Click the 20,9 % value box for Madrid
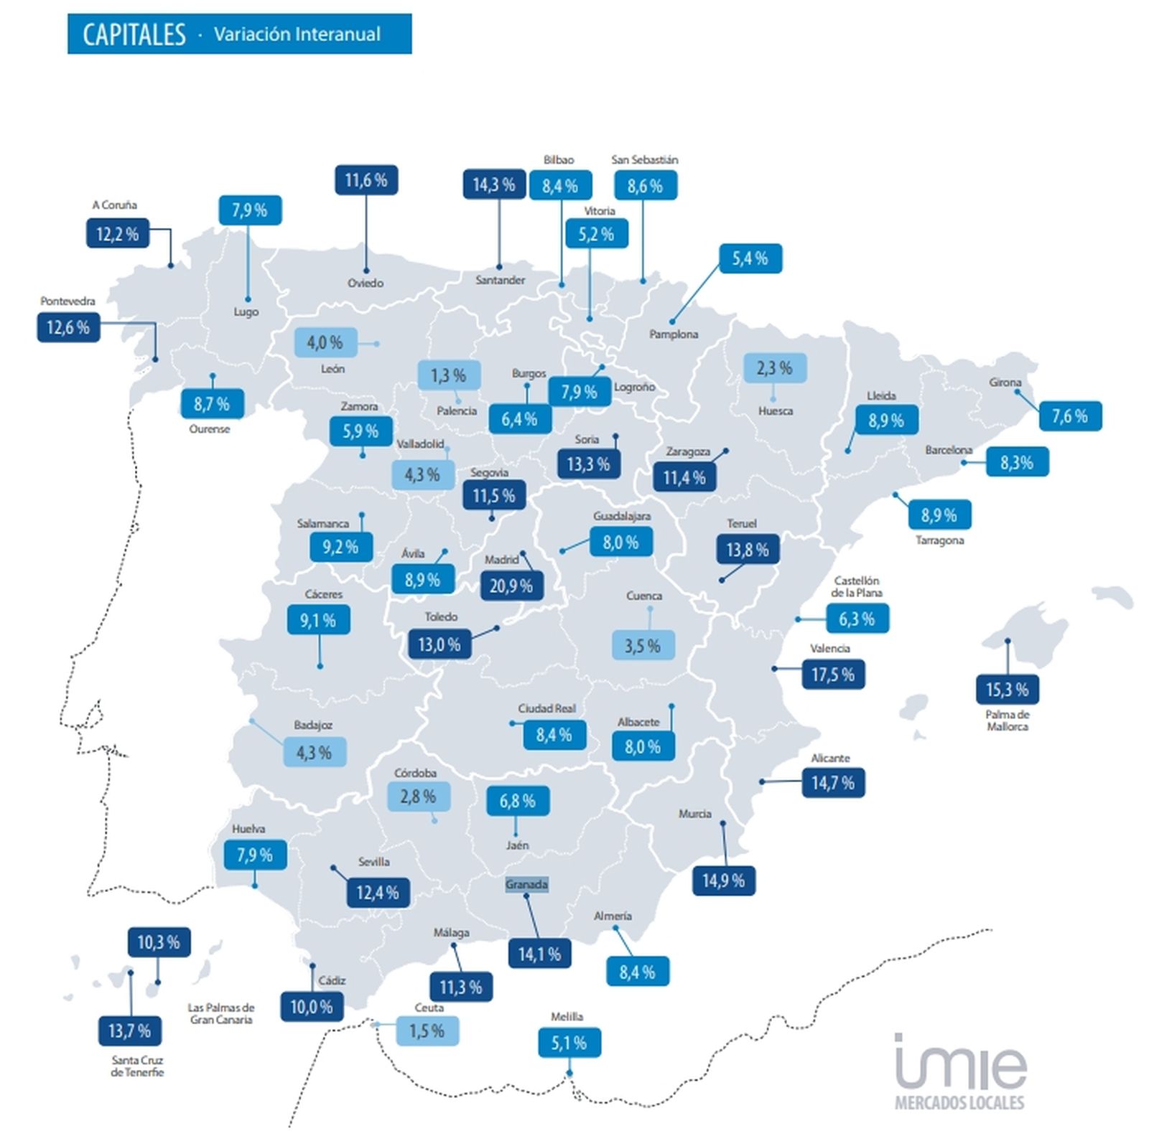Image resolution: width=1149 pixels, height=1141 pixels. pos(511,586)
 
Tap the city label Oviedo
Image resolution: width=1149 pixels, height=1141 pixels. pos(366,283)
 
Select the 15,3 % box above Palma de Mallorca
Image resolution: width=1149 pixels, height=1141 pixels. pos(1007,690)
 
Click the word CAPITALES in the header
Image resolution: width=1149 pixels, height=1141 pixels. pos(134,34)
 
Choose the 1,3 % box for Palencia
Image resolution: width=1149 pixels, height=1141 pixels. pos(449,375)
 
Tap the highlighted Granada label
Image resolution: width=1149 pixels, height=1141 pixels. pos(526,884)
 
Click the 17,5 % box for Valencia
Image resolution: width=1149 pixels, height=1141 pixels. pos(833,675)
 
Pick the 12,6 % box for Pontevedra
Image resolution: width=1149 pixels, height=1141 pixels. pos(68,328)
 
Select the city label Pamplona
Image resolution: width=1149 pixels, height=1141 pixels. pos(674,334)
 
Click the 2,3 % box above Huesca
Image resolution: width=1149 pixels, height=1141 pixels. pos(774,368)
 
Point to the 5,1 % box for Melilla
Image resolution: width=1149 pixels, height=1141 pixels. pos(569,1043)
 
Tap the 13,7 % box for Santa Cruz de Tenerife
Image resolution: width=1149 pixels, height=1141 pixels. pos(129,1031)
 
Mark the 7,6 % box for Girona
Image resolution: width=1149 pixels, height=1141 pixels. pos(1070,416)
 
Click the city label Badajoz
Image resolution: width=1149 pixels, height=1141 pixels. pos(313,726)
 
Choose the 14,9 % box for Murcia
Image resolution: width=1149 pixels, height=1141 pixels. pos(723,881)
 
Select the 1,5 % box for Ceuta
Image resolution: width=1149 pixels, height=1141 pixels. pos(427,1031)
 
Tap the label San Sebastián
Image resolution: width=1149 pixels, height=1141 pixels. pos(644,160)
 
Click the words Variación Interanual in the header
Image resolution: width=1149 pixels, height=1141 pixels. pos(297,34)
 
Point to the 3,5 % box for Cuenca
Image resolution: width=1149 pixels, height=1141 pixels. pos(643,646)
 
